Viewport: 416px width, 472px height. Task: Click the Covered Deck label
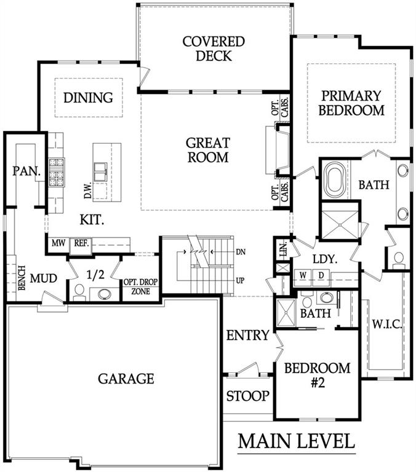214,49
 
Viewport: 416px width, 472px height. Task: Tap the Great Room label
208,150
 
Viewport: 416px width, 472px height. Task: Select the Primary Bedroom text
351,103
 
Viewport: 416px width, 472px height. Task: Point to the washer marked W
303,275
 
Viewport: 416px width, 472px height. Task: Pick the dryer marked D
321,275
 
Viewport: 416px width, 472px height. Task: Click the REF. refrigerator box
81,245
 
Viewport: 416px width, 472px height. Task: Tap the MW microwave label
58,243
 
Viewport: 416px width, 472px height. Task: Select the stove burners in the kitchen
57,173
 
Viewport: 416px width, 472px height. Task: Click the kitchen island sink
100,172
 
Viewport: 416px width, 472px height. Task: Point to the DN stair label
240,251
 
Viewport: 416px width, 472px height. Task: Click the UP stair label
240,280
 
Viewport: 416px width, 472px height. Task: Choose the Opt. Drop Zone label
140,286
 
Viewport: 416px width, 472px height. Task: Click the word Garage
126,379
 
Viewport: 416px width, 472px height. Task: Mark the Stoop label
248,396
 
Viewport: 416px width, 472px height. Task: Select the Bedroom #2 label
317,375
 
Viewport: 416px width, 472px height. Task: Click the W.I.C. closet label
387,324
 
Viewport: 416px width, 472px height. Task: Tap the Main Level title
297,441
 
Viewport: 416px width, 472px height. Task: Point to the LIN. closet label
283,249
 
